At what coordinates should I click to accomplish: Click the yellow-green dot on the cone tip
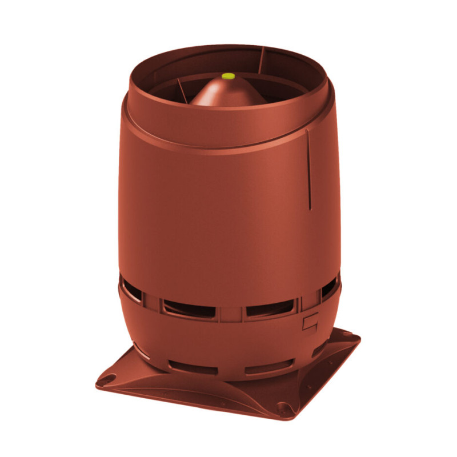click(228, 75)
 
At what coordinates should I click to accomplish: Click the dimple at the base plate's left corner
click(109, 378)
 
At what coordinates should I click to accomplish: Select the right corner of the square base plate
click(355, 338)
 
